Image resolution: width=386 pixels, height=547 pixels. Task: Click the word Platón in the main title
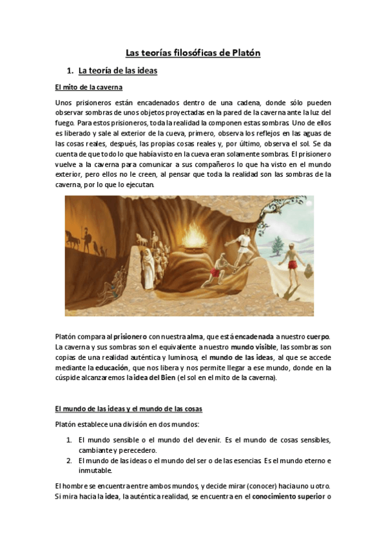click(x=246, y=53)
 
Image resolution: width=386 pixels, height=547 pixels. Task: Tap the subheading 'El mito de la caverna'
click(x=89, y=88)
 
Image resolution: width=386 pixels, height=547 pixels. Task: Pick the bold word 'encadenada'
click(x=253, y=337)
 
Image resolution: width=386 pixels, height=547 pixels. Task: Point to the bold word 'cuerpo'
click(x=316, y=337)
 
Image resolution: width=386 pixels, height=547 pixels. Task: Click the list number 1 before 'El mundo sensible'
click(x=69, y=440)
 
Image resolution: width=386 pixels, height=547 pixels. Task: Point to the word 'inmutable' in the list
click(x=95, y=471)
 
